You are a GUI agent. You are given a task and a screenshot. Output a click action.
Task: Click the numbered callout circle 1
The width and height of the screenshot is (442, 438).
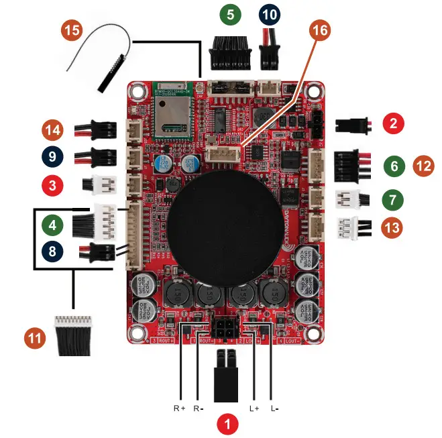[228, 423]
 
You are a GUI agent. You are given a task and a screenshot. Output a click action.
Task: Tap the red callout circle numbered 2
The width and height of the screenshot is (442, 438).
[393, 123]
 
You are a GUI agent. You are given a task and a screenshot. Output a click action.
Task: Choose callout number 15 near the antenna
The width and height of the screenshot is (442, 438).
[72, 30]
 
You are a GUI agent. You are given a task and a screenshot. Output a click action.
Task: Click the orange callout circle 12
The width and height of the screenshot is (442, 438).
[424, 165]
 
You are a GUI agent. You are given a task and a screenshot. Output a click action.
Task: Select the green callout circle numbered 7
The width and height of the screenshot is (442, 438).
[393, 199]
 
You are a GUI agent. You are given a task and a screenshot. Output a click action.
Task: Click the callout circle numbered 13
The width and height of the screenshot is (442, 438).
[393, 227]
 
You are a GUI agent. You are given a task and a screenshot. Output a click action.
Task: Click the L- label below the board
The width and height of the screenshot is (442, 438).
[275, 408]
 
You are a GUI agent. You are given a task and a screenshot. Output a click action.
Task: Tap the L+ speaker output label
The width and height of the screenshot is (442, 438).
[254, 408]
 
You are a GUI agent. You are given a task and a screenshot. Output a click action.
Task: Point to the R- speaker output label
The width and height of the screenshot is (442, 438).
[199, 408]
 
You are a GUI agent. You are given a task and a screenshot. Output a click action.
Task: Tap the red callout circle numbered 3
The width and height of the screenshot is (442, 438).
[52, 184]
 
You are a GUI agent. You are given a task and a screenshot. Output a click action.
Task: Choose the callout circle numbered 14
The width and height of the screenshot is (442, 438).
[52, 129]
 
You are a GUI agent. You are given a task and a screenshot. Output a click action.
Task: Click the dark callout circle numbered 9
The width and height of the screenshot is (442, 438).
[52, 156]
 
